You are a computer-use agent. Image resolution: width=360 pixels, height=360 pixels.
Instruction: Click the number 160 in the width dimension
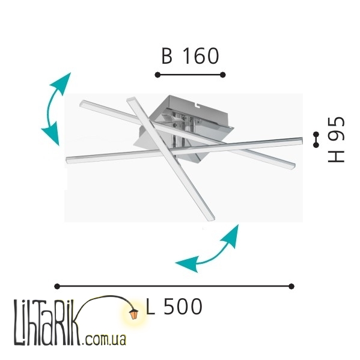(200, 56)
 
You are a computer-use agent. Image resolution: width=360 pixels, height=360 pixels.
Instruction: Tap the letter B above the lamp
(167, 56)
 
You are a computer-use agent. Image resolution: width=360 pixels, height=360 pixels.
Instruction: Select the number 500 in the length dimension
(183, 307)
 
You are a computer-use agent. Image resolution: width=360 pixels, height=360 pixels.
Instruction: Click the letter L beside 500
(150, 307)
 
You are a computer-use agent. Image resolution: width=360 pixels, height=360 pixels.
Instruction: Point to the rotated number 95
(336, 129)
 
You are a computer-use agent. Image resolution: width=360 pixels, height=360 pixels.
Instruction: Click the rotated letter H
(336, 157)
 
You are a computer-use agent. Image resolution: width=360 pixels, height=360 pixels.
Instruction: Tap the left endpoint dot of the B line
(157, 75)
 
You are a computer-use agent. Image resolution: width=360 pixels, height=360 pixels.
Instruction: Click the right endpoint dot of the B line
(223, 75)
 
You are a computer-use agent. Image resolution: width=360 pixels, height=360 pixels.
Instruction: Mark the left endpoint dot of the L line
(57, 286)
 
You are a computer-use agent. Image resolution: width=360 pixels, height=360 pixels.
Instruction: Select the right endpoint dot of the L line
(291, 286)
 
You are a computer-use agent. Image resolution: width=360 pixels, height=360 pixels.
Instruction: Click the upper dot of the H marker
(316, 134)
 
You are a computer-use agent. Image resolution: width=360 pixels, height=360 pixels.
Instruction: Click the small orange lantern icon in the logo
(134, 314)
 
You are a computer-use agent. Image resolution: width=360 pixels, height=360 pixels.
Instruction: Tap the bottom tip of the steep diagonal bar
(212, 219)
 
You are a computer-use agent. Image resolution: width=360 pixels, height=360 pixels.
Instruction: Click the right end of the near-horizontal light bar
(301, 141)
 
